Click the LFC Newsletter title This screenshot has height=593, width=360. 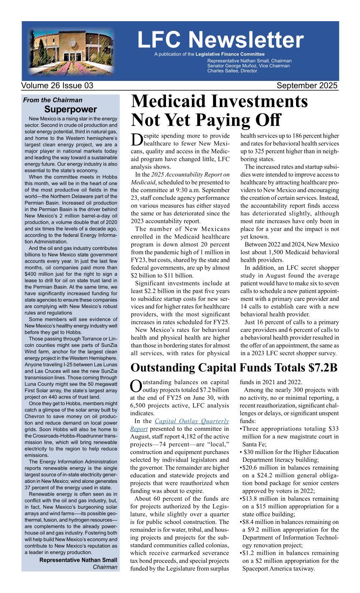220,40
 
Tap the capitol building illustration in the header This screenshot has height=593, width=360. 72,51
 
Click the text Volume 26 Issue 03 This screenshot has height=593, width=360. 58,86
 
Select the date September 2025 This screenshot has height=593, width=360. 307,86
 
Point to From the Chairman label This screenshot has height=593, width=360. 53,100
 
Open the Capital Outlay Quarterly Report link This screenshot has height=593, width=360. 192,425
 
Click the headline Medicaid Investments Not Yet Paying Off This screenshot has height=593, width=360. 219,111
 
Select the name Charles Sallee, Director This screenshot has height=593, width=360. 232,71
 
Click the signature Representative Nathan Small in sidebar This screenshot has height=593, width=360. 78,560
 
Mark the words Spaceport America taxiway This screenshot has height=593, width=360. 279,568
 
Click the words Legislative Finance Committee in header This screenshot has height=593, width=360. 230,54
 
